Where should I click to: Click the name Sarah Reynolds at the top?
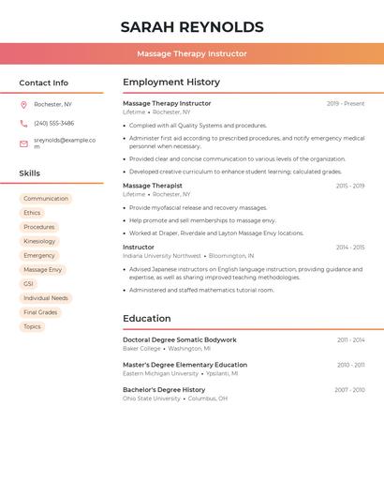192,27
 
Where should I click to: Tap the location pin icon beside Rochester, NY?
23,104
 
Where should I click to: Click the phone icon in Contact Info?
23,123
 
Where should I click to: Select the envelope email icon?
23,143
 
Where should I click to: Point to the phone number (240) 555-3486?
54,123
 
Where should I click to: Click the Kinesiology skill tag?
39,241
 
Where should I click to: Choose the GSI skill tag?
29,284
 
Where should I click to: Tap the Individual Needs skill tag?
46,298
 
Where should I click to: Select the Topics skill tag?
33,326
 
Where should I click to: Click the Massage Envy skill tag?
43,270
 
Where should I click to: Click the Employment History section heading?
171,83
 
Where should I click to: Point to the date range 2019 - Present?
346,104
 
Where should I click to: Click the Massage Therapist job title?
153,186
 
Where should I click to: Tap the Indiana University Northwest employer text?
162,256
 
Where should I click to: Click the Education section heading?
147,319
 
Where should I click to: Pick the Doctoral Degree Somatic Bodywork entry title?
180,339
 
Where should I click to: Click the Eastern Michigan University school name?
160,373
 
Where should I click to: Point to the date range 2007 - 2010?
349,390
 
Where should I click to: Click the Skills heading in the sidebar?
30,173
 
